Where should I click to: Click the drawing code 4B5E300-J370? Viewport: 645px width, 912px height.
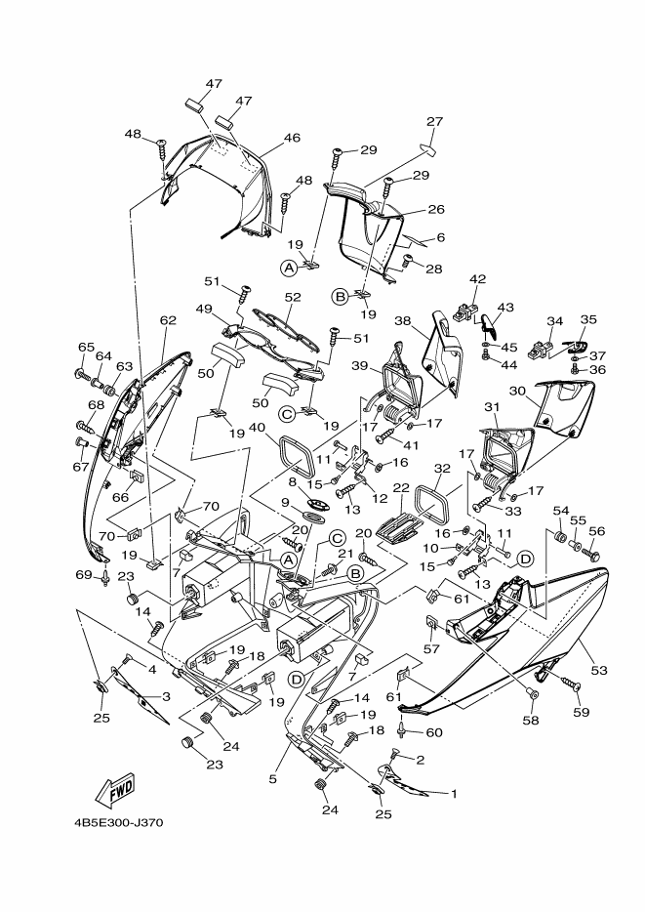(118, 823)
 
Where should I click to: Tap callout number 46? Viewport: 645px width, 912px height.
(292, 138)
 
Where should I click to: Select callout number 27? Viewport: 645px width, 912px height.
(434, 121)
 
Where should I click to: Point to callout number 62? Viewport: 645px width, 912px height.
(168, 320)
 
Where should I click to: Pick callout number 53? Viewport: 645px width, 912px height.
(599, 671)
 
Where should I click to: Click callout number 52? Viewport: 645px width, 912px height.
(293, 297)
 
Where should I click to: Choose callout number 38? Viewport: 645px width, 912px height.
(403, 320)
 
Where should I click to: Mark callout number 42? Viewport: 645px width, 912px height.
(477, 279)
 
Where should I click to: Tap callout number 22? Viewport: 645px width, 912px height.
(401, 487)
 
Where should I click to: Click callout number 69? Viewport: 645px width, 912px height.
(84, 575)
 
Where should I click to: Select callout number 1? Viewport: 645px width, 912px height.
(454, 793)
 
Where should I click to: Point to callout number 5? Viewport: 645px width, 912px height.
(273, 779)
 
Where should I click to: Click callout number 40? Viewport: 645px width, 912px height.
(258, 428)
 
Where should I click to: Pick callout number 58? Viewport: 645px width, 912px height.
(531, 720)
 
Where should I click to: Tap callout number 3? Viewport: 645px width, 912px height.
(166, 697)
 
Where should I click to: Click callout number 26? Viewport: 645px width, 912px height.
(436, 209)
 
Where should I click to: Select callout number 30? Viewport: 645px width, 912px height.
(517, 392)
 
